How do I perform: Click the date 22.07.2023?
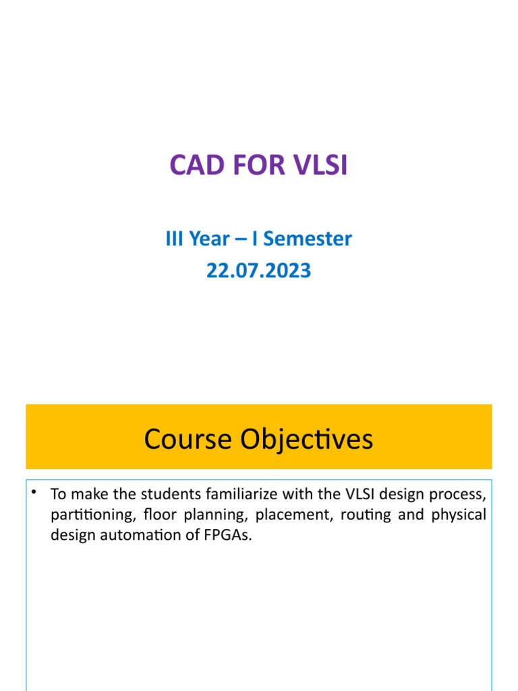tap(259, 271)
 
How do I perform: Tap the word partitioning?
tap(84, 515)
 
